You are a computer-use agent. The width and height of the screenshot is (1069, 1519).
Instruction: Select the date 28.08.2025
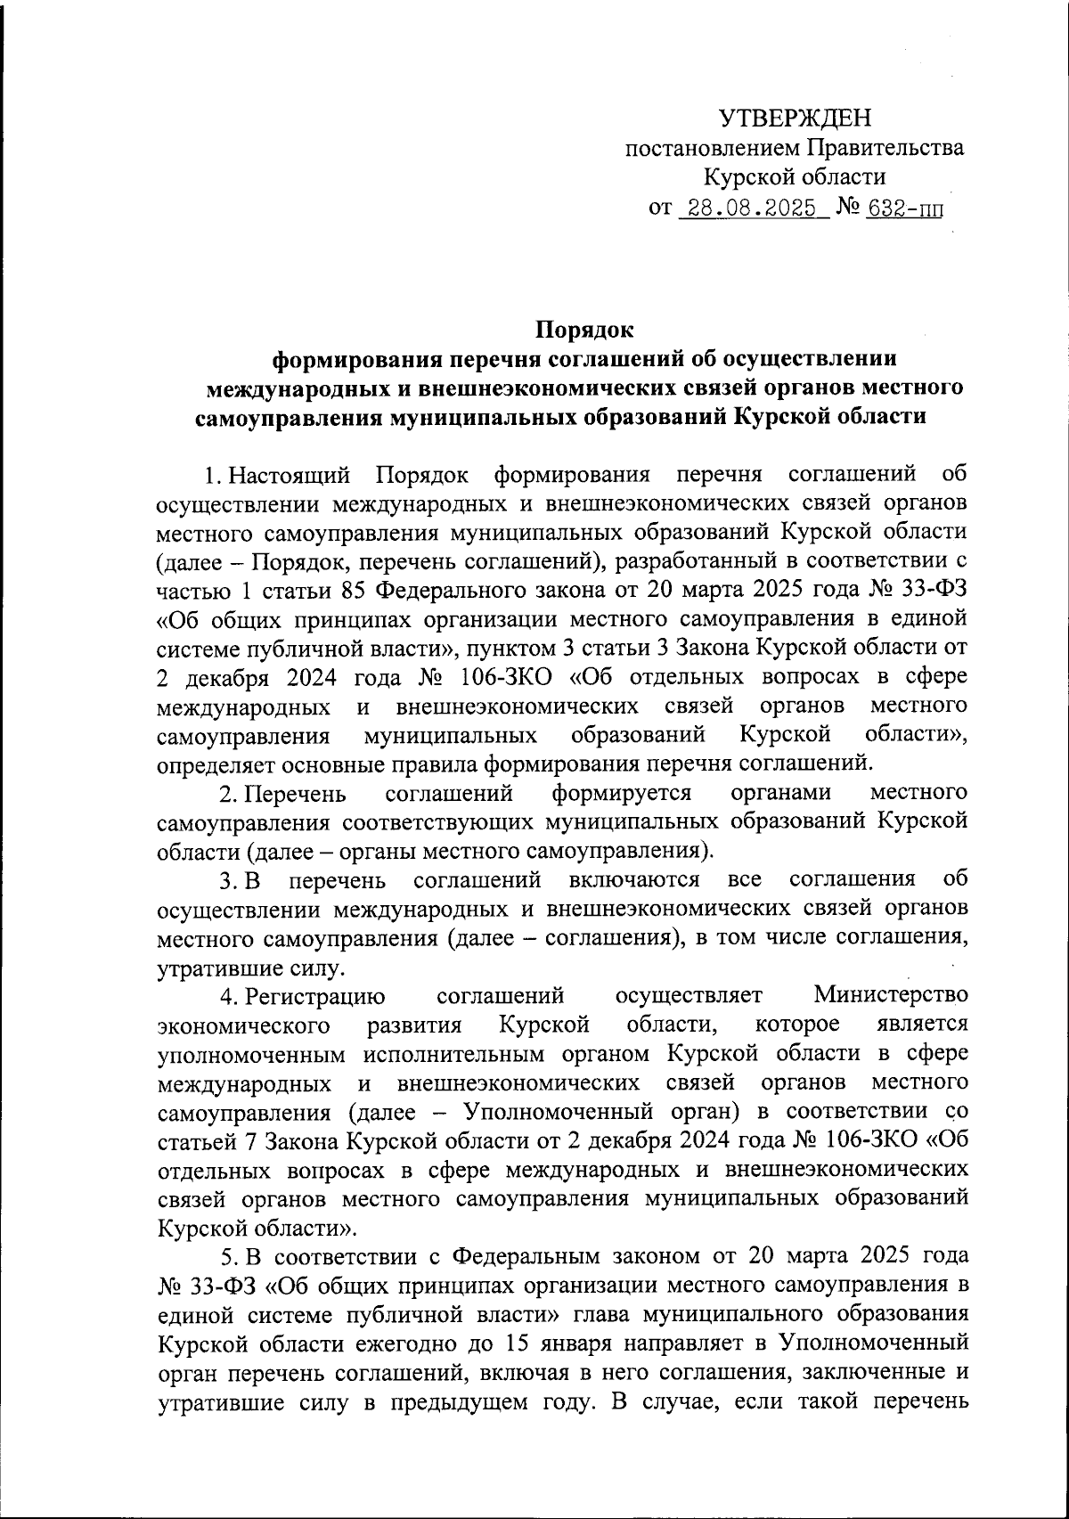tap(747, 208)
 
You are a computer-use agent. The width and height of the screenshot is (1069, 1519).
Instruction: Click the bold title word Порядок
tap(584, 330)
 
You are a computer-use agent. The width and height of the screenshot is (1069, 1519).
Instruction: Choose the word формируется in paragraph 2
tap(621, 792)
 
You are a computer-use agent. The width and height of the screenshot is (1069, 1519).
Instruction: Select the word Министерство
tap(890, 995)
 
